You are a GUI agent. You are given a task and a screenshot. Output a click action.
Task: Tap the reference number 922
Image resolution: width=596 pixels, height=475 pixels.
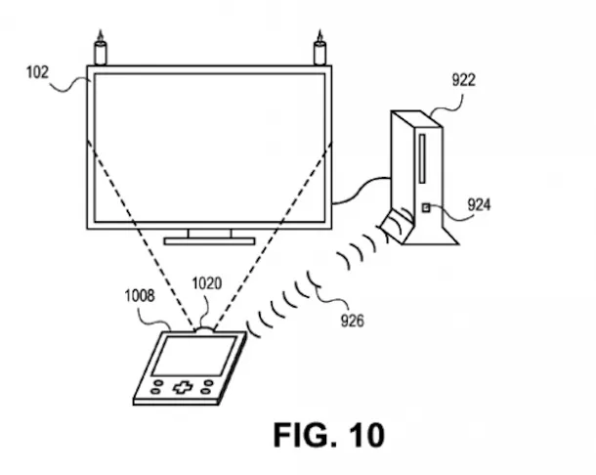click(463, 80)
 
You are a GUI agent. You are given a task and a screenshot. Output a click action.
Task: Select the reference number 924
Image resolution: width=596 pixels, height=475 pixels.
click(479, 205)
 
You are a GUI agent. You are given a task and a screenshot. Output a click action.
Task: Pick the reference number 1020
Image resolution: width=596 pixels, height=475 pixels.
click(206, 284)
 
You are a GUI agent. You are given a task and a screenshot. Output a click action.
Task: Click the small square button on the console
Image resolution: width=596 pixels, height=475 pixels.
click(427, 207)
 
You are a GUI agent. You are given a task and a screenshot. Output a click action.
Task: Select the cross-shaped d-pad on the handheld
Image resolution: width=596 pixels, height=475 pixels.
click(183, 387)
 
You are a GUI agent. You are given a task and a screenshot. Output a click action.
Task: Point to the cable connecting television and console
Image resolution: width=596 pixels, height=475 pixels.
click(362, 186)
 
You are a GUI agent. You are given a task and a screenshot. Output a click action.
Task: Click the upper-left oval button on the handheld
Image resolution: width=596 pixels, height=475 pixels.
click(158, 379)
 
